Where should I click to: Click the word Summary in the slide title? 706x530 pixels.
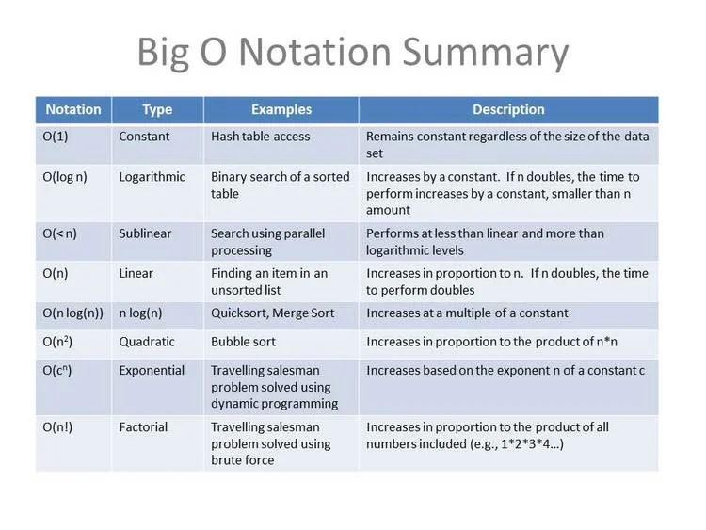491,53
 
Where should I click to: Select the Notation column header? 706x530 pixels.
73,109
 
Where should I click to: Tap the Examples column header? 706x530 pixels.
281,109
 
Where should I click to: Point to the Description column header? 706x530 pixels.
508,109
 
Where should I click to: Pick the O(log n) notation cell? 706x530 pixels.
65,177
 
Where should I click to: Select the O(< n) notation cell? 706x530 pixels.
60,233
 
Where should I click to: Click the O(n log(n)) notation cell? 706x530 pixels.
73,313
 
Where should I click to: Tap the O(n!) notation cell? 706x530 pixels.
58,427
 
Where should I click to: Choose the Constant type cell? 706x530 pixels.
144,137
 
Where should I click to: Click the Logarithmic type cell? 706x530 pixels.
152,177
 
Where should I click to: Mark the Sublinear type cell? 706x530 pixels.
147,233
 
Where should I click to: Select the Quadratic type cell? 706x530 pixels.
147,342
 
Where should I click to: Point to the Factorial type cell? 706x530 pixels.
143,427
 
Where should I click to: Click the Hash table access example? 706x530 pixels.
261,137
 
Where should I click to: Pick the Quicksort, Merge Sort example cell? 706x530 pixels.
273,313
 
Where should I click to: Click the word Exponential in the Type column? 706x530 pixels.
152,370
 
